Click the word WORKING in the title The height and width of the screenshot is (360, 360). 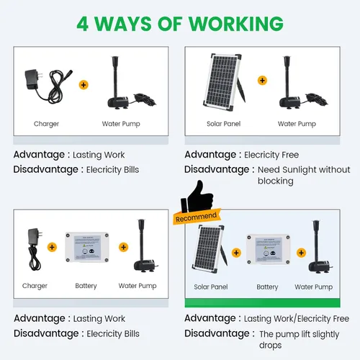click(x=236, y=24)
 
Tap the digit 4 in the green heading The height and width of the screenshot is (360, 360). click(x=83, y=24)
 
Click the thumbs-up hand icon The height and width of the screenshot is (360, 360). click(x=197, y=197)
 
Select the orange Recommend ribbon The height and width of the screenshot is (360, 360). click(x=197, y=217)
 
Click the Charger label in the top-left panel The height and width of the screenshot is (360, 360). click(x=46, y=124)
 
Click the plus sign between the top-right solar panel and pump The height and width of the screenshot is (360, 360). click(x=262, y=81)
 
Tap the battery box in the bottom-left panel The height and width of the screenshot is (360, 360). click(x=87, y=247)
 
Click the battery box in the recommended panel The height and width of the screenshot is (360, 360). click(x=269, y=250)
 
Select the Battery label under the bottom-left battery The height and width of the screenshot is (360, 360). click(x=86, y=286)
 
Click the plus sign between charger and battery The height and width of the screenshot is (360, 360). click(x=52, y=247)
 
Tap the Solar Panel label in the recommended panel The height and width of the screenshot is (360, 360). click(x=211, y=287)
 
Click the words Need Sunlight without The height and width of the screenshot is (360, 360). click(x=304, y=170)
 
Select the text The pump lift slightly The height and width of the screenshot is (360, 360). click(x=300, y=334)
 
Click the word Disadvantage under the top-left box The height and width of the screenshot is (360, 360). click(x=46, y=169)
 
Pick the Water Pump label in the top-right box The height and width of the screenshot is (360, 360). click(x=297, y=124)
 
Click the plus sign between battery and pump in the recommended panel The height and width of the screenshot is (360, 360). click(x=301, y=253)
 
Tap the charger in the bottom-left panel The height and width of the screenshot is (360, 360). click(x=35, y=249)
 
